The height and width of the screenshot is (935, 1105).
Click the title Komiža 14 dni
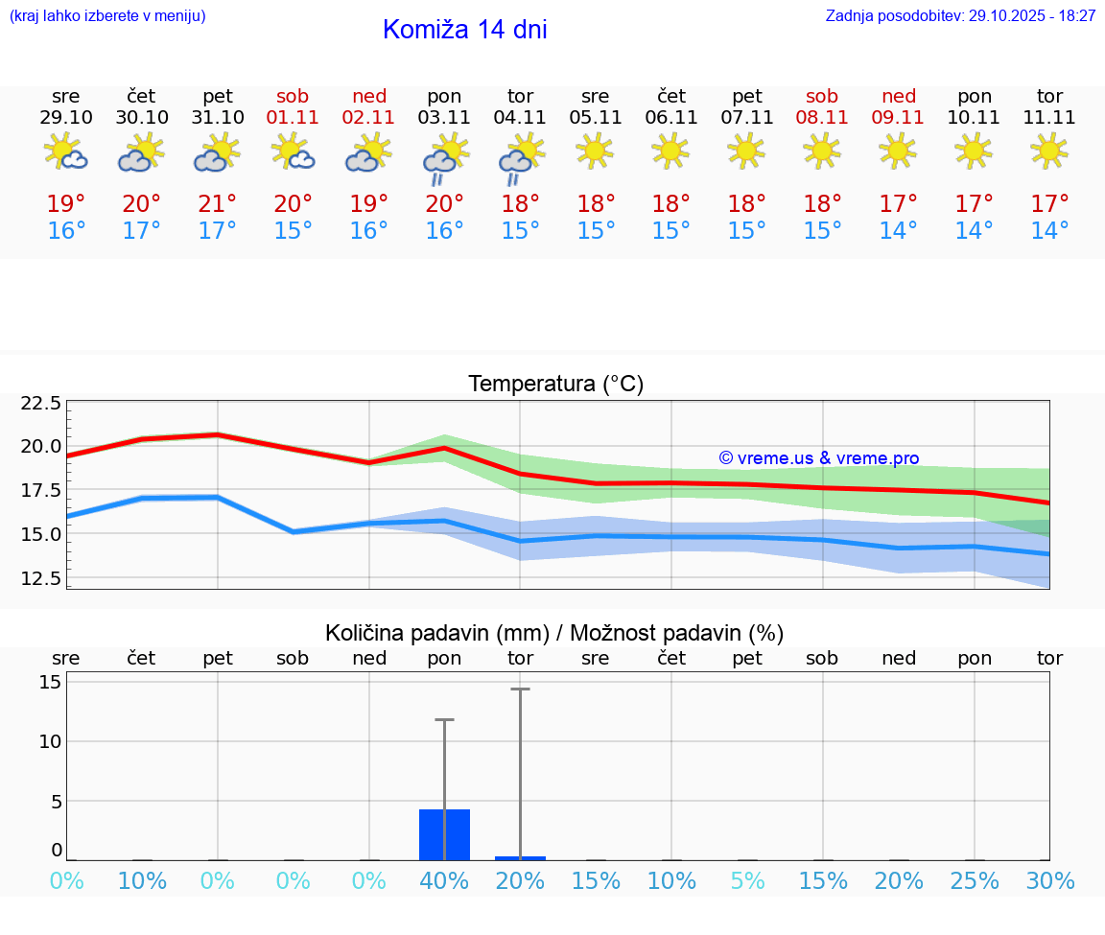tap(464, 30)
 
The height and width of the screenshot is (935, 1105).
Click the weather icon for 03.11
tap(444, 156)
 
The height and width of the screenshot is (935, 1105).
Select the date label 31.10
tap(218, 118)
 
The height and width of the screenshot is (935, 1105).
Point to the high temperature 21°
tap(218, 204)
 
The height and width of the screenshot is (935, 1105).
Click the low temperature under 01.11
tap(294, 231)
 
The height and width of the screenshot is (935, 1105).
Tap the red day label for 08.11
tap(822, 97)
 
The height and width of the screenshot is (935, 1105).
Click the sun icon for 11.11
tap(1049, 151)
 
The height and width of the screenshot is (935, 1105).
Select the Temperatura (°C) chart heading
tap(555, 385)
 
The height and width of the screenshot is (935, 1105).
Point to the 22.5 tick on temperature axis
tap(41, 403)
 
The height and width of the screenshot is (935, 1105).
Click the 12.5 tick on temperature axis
tap(41, 578)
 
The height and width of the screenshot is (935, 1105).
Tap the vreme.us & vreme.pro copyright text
tap(819, 458)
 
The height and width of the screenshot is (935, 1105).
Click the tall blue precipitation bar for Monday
tap(444, 834)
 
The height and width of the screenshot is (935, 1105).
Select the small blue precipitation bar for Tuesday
tap(520, 858)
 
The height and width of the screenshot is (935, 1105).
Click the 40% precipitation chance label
tap(444, 881)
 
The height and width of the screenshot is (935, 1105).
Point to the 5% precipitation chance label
tap(747, 881)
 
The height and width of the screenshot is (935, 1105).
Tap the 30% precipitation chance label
tap(1049, 881)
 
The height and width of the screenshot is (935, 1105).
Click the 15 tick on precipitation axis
tap(51, 682)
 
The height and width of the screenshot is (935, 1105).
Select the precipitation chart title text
tap(554, 633)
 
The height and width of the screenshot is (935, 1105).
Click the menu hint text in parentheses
tap(107, 16)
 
